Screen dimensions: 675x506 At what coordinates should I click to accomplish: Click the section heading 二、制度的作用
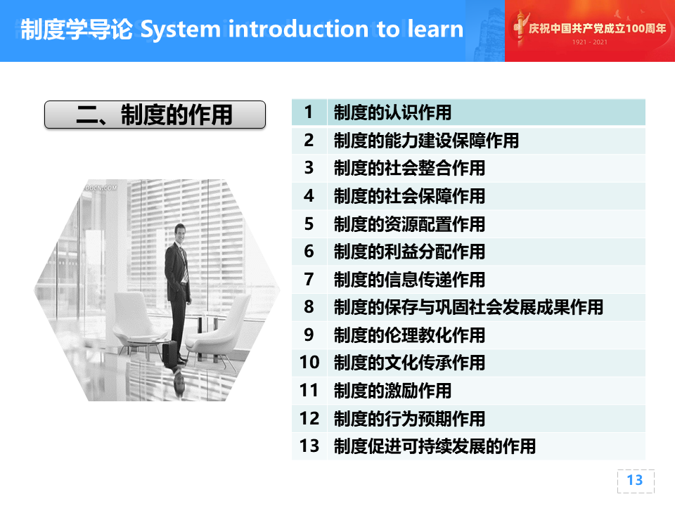(x=155, y=115)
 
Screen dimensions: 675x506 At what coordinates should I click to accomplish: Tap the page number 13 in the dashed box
(x=634, y=480)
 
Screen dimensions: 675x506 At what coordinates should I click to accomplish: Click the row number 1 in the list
(x=308, y=112)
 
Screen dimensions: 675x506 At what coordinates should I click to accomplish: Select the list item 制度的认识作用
(x=392, y=112)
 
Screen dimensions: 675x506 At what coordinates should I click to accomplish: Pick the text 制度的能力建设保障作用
(x=426, y=141)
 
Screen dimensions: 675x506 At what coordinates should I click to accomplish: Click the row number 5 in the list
(x=309, y=223)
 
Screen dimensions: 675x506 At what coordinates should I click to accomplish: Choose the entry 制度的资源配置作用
(x=409, y=224)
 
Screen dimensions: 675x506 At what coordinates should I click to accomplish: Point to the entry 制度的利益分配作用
(x=409, y=252)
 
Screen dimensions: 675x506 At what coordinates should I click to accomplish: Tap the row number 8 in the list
(x=309, y=307)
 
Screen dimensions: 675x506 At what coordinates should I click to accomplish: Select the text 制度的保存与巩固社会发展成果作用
(x=468, y=307)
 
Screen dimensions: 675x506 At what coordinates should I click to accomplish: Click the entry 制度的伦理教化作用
(x=409, y=335)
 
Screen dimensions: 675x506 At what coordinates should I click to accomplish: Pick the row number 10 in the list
(x=309, y=363)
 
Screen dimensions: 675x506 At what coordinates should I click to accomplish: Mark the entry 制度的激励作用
(x=392, y=391)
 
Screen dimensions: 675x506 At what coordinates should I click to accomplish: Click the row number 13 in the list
(x=309, y=446)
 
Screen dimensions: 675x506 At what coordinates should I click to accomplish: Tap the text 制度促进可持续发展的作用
(x=435, y=446)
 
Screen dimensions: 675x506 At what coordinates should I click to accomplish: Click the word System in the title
(x=181, y=30)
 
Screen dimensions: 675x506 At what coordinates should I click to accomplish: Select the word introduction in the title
(x=298, y=30)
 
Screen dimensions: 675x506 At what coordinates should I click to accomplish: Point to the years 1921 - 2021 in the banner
(x=590, y=42)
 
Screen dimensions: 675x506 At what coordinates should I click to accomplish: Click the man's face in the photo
(x=181, y=233)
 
